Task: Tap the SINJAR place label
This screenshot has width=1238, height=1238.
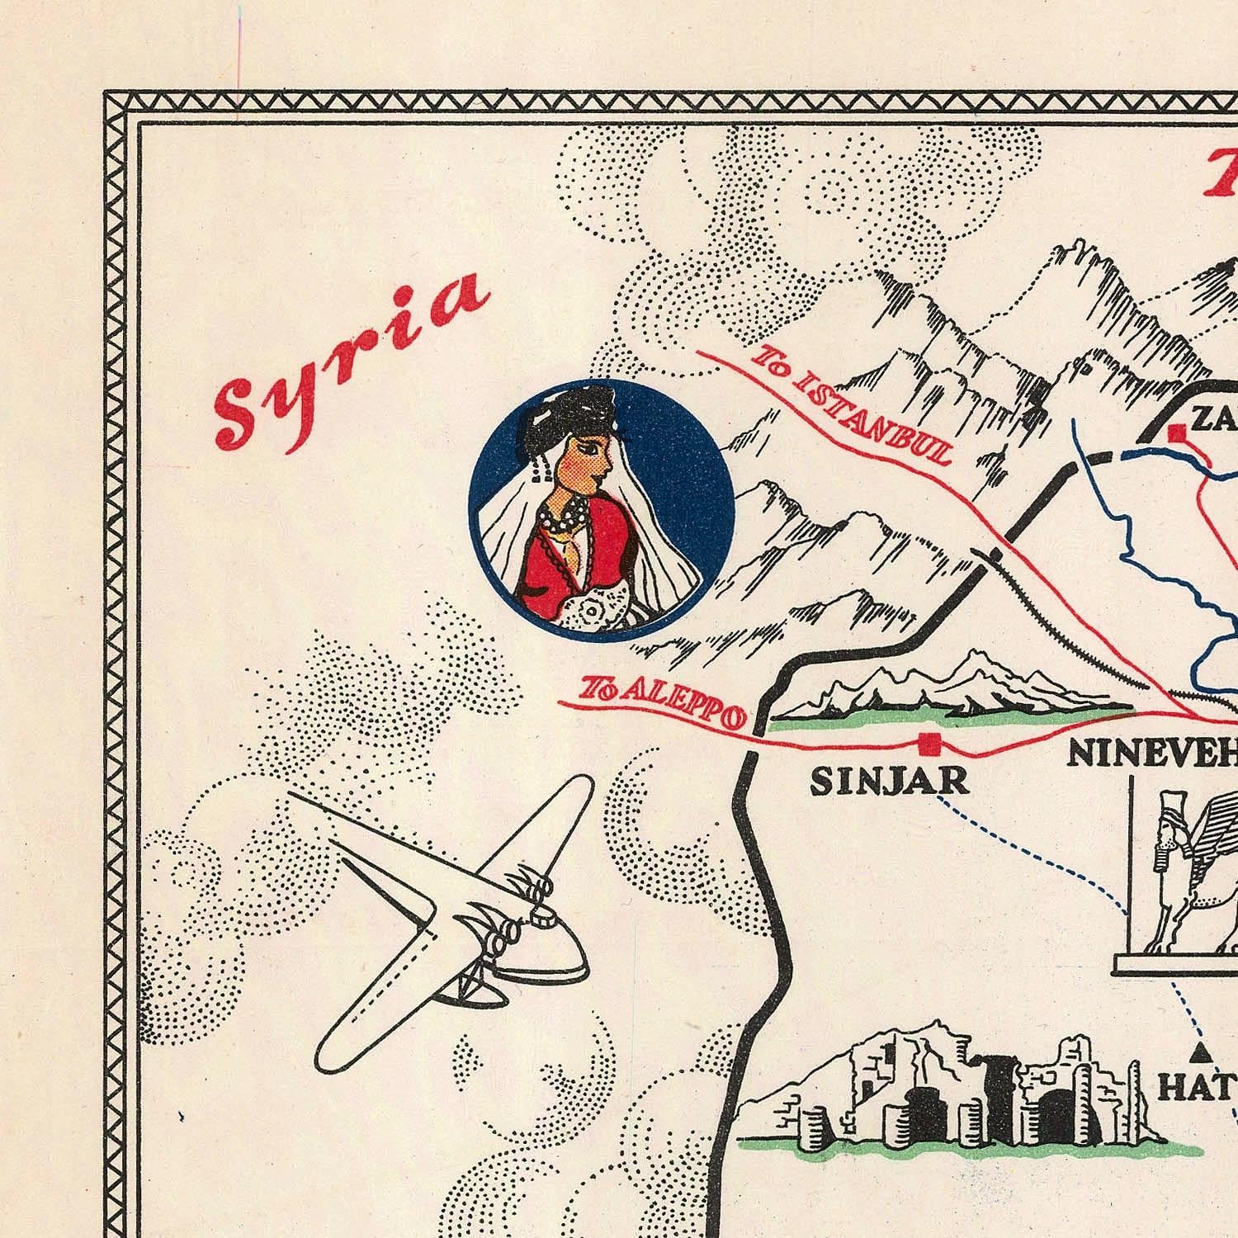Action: [x=890, y=781]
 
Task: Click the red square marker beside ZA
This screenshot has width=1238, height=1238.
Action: [x=1177, y=432]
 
